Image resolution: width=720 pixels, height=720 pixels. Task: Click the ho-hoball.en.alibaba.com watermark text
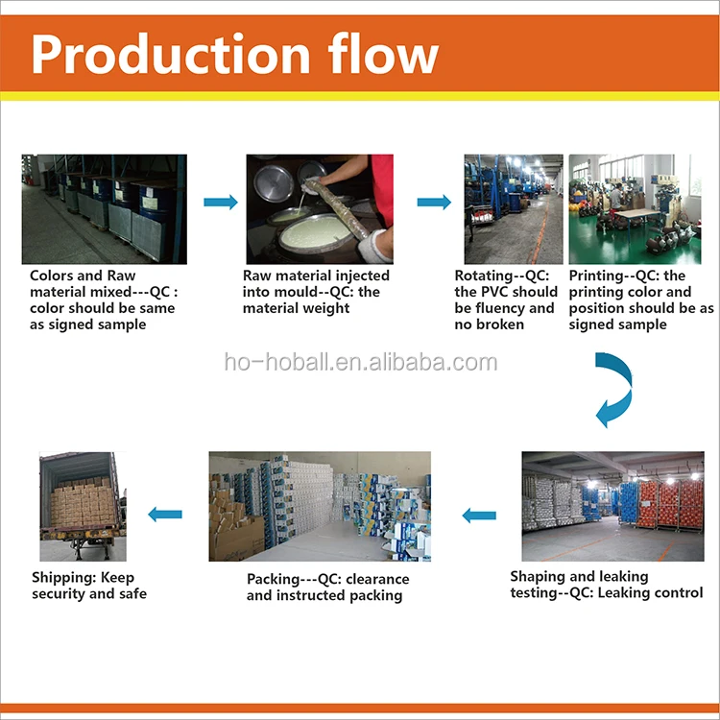tap(360, 363)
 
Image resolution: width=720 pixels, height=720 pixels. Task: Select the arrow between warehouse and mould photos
tap(220, 202)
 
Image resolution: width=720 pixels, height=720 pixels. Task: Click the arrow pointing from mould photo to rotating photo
tap(434, 202)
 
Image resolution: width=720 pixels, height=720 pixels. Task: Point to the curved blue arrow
tap(612, 388)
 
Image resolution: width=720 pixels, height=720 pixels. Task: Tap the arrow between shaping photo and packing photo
tap(479, 515)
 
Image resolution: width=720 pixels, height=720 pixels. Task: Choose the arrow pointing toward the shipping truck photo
tap(165, 515)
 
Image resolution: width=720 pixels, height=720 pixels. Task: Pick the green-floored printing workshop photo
tap(641, 209)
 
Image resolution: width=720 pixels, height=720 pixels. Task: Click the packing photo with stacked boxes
tap(320, 506)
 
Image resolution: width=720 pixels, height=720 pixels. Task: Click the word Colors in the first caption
tap(53, 276)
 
